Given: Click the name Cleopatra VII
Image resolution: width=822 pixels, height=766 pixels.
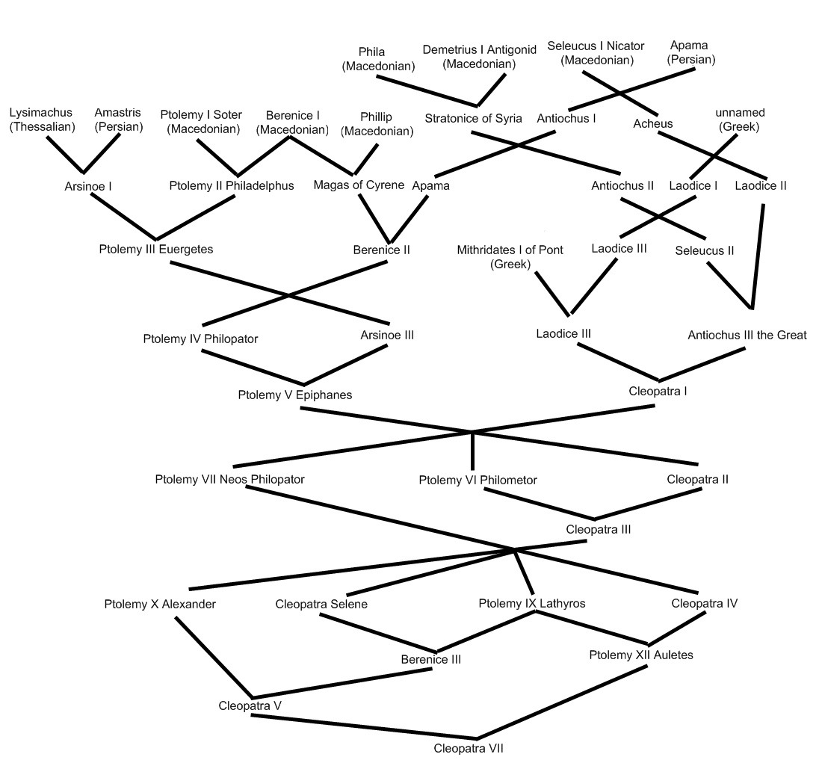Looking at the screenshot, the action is (468, 748).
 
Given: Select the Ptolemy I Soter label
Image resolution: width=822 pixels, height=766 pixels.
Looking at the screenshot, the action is (201, 115).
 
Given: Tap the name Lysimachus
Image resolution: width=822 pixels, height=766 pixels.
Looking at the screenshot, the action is (41, 112).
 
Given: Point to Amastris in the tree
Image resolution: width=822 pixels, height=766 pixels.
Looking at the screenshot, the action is (118, 112).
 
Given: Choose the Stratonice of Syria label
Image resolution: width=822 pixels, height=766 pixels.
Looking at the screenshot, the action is (473, 119).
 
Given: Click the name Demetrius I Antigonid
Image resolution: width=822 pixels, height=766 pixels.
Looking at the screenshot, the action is (480, 50).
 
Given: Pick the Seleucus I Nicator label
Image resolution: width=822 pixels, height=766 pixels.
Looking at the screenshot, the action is (596, 46).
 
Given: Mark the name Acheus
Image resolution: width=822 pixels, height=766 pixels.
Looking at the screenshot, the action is (652, 124).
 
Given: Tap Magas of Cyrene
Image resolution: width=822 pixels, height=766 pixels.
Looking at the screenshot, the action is (359, 185).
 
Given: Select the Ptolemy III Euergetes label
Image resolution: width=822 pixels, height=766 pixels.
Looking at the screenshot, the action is (156, 249).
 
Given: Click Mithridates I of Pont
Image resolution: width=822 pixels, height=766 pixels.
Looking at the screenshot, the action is (510, 250).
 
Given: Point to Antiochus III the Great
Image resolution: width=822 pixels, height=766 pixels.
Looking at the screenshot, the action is (747, 335).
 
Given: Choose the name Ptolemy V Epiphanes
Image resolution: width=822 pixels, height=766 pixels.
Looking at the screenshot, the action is (295, 395).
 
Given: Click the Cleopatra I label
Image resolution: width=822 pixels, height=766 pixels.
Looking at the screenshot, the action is (658, 391).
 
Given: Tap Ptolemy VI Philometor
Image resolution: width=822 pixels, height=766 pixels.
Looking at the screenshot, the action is (478, 480).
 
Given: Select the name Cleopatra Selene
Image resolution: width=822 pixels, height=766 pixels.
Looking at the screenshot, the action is (321, 604).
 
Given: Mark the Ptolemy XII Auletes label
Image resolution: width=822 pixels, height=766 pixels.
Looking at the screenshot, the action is (641, 655).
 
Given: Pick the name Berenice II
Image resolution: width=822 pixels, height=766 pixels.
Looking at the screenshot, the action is (382, 250).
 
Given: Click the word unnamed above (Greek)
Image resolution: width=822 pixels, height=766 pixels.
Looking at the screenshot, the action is (741, 113).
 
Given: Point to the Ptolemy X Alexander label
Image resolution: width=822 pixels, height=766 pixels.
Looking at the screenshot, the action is (160, 605).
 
